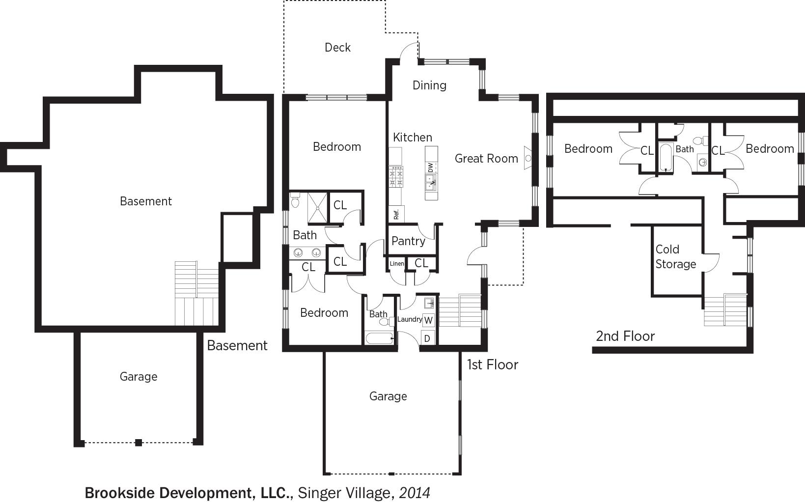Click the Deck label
tap(337, 48)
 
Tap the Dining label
tap(429, 85)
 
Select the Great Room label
tap(486, 159)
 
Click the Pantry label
tap(408, 241)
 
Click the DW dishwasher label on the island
tap(431, 167)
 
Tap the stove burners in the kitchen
tap(396, 177)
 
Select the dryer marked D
tap(427, 338)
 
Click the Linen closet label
tap(397, 263)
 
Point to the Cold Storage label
tap(676, 256)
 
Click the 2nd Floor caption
tap(625, 336)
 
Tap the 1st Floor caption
tap(492, 365)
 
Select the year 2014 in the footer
tap(415, 493)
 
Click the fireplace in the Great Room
tap(527, 158)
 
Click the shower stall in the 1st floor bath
tap(318, 208)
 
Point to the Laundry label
tap(410, 319)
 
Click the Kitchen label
tap(412, 137)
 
